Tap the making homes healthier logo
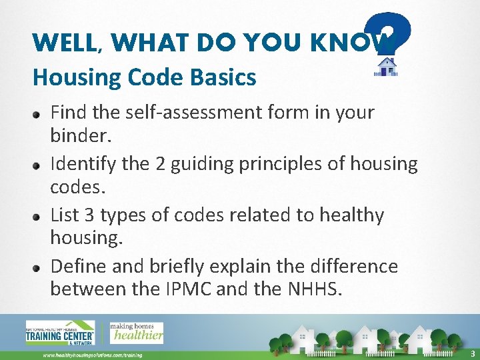(137, 332)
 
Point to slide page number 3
(472, 353)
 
